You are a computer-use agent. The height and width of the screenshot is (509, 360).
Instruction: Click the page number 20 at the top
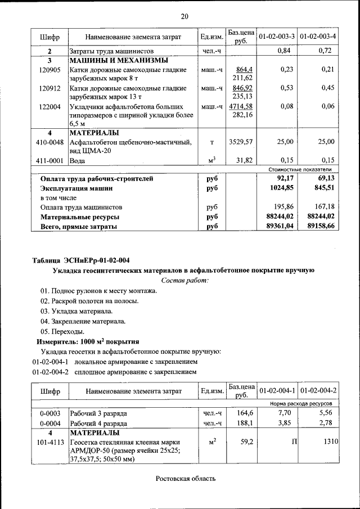[x=184, y=15]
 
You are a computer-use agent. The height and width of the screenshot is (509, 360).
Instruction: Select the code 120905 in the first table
[x=49, y=70]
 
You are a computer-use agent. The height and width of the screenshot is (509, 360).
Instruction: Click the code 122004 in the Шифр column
[x=49, y=106]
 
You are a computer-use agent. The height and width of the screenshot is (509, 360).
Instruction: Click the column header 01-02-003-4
[x=318, y=37]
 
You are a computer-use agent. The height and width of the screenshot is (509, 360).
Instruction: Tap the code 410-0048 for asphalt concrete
[x=49, y=142]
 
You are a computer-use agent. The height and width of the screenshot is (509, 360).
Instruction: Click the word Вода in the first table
[x=77, y=161]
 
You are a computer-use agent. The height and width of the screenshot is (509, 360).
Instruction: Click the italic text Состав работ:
[x=185, y=280]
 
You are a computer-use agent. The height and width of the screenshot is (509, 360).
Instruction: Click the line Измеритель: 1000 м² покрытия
[x=87, y=341]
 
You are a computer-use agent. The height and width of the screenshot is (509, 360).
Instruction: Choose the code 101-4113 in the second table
[x=49, y=442]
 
